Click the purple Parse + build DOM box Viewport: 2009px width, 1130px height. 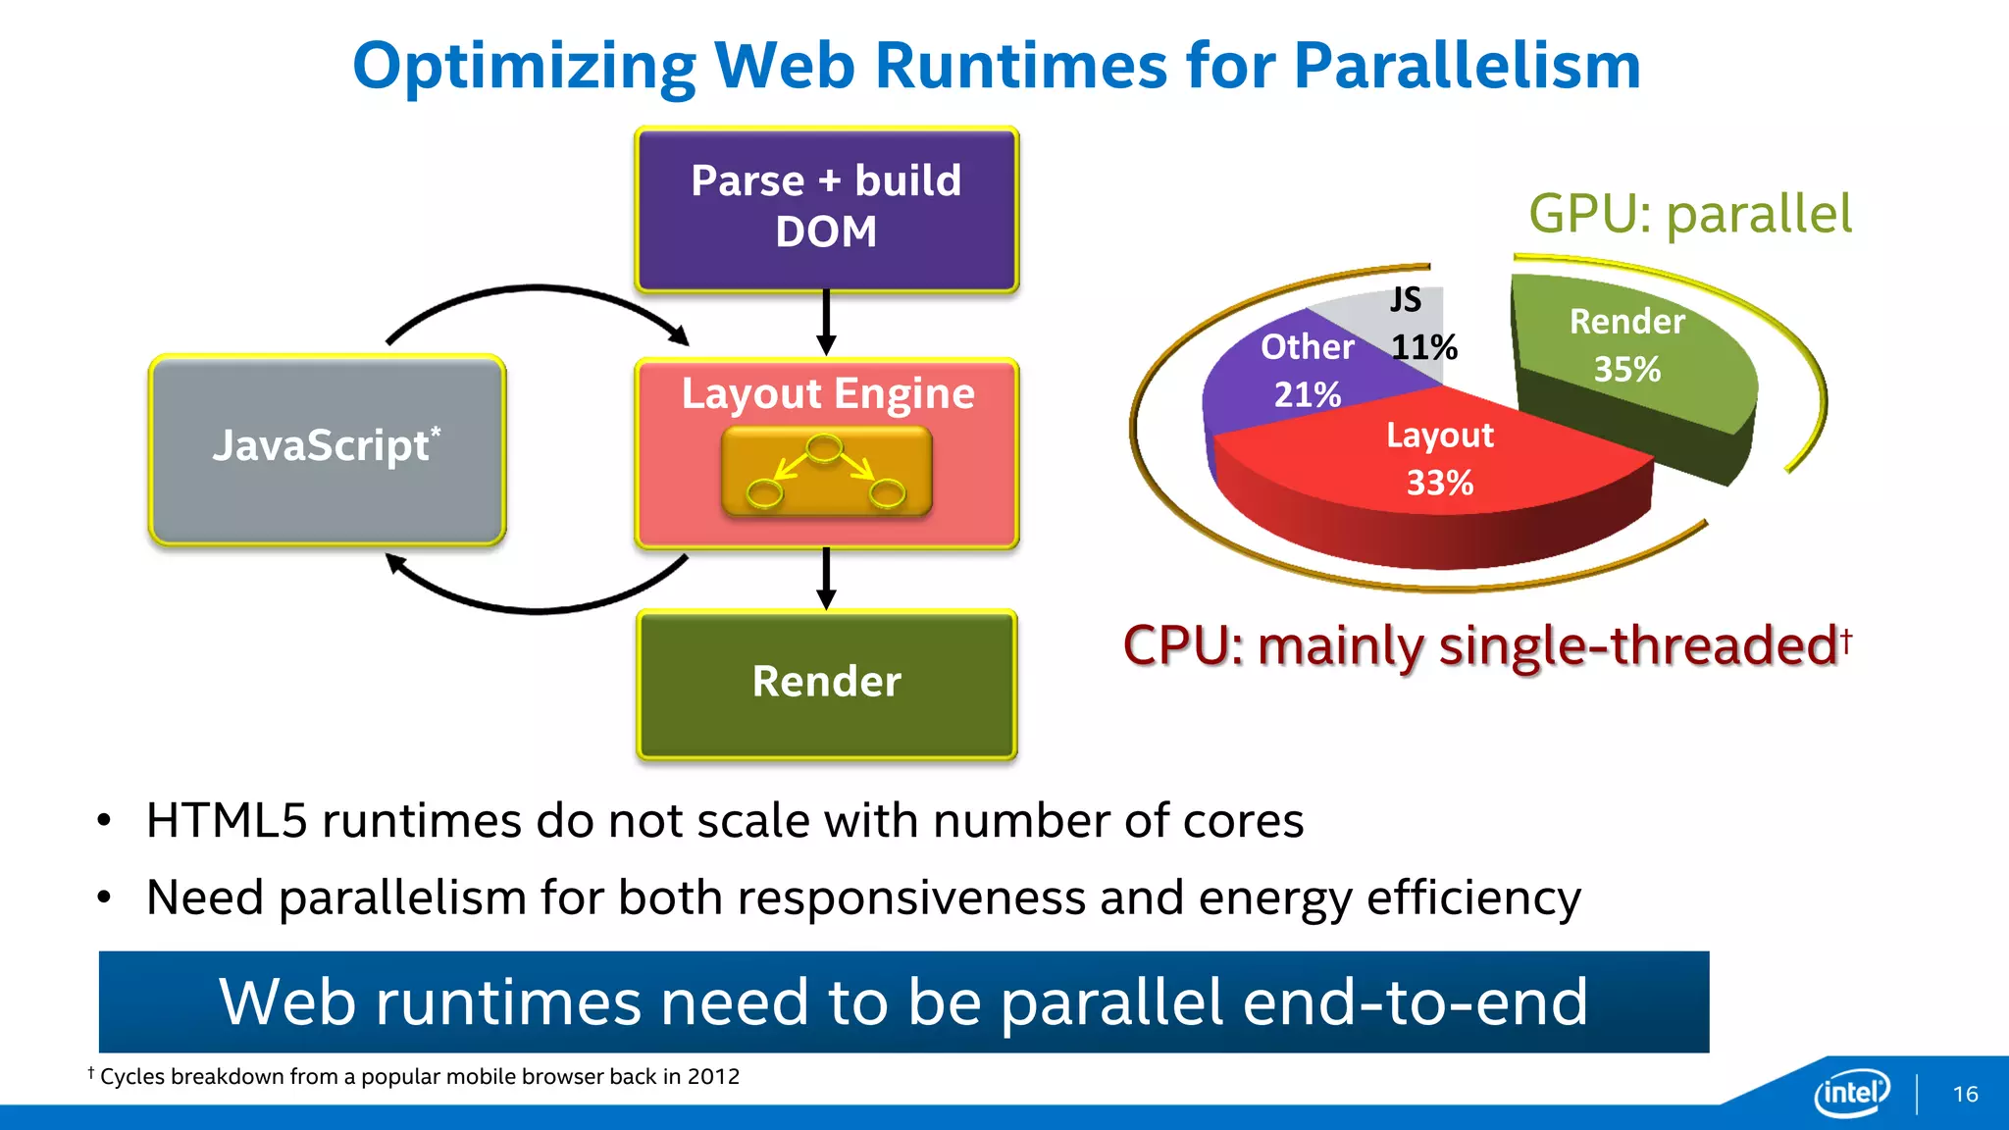(x=827, y=209)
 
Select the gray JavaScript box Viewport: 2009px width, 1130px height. (x=327, y=449)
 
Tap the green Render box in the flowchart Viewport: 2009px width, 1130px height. (x=827, y=684)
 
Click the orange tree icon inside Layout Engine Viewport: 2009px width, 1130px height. (x=826, y=472)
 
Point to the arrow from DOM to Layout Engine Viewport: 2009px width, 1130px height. (x=826, y=322)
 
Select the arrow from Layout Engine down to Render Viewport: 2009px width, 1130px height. (x=826, y=578)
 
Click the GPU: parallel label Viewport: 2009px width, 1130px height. (x=1689, y=214)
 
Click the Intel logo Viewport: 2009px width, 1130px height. (x=1852, y=1092)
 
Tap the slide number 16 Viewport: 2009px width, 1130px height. (x=1965, y=1094)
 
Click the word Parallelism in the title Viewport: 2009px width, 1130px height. (x=1467, y=67)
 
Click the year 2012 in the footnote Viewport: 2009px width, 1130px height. (x=713, y=1077)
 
